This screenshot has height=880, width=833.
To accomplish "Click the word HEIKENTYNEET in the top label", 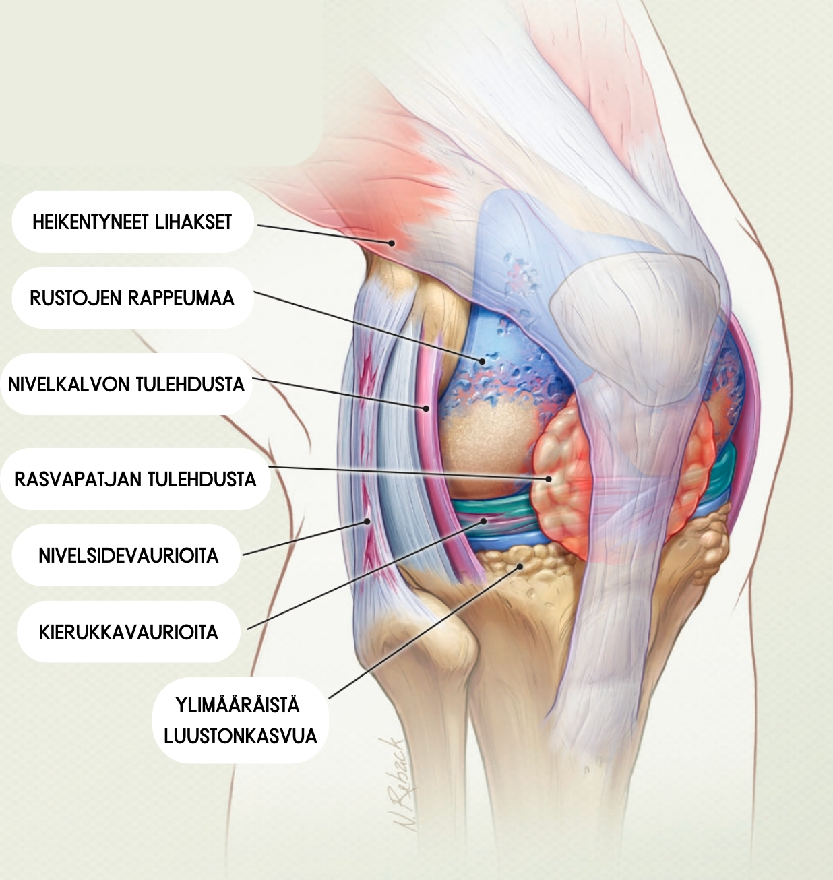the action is [x=90, y=222].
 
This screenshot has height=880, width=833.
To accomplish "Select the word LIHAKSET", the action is [x=193, y=222].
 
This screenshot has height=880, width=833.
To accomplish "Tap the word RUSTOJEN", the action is [x=75, y=298].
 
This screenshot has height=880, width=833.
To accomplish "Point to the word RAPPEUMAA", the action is [x=181, y=298].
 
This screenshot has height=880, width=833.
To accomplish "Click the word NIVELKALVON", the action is [x=69, y=385].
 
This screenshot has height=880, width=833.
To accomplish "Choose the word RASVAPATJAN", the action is [x=78, y=479].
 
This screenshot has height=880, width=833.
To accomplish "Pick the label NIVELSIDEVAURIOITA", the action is [x=129, y=555].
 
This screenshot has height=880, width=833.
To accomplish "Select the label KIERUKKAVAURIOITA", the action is [x=129, y=633].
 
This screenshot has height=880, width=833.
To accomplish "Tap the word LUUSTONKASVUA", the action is [x=241, y=736].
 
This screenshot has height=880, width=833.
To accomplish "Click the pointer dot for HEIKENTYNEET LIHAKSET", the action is [x=392, y=243].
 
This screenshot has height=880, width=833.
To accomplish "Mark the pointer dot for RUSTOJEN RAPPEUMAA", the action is [x=483, y=361].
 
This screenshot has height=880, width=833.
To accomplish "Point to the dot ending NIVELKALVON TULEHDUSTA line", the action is [x=427, y=408].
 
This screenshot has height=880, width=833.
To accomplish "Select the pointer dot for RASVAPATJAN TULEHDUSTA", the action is [x=549, y=479].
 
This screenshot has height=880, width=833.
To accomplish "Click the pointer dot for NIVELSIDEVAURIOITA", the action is [x=367, y=521].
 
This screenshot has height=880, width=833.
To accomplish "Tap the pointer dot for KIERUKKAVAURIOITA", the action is [x=484, y=521].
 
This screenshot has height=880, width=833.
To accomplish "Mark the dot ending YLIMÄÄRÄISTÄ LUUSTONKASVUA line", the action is [x=520, y=567].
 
